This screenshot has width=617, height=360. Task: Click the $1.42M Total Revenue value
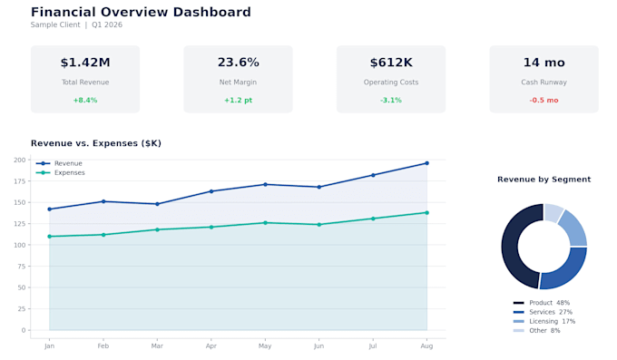click(85, 63)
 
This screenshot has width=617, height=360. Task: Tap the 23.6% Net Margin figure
click(238, 63)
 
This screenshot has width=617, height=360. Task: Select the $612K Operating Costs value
click(391, 63)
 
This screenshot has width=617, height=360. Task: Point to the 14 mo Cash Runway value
click(544, 63)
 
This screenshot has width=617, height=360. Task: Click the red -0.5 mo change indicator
click(544, 101)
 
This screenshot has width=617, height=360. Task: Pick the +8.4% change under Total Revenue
click(85, 101)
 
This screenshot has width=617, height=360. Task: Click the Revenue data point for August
click(427, 163)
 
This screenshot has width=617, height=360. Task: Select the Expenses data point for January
click(49, 237)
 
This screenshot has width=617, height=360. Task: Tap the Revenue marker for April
click(211, 191)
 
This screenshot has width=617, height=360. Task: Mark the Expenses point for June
click(319, 225)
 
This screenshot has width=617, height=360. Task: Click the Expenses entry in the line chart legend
click(61, 172)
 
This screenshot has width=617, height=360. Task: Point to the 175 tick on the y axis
click(19, 181)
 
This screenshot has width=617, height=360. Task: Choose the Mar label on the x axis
click(157, 345)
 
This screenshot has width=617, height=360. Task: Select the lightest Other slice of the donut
click(553, 212)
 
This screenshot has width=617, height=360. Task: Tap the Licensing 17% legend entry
click(544, 321)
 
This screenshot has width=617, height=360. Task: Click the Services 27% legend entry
click(543, 312)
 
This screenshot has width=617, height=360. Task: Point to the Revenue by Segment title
click(544, 180)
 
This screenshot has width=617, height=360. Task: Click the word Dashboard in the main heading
click(211, 12)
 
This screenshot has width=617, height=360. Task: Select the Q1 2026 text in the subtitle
click(107, 24)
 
